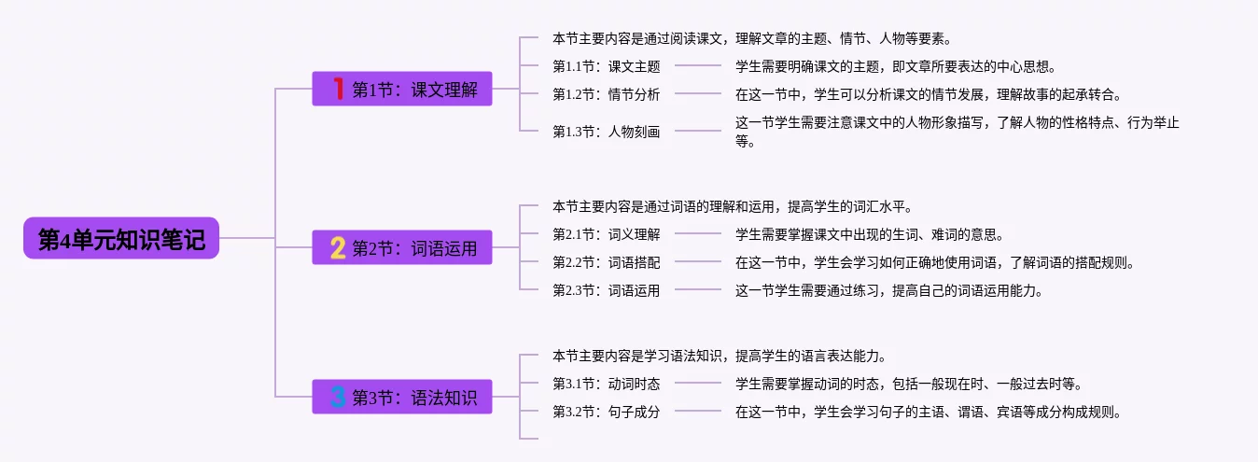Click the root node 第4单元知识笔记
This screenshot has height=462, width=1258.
(x=121, y=238)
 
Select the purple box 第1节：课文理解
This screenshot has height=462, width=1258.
(x=402, y=89)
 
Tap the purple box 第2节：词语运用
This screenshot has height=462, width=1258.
(x=402, y=247)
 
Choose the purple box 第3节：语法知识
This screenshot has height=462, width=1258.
(x=402, y=397)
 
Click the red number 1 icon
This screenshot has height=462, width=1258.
(x=338, y=89)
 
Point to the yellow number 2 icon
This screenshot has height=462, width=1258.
(x=338, y=247)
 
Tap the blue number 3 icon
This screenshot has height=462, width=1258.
(x=338, y=397)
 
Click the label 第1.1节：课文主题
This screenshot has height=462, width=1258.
(x=606, y=66)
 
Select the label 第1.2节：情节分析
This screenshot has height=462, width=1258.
(x=606, y=94)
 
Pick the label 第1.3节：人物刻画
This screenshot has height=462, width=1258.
(x=606, y=132)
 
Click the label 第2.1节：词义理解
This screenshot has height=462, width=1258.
(x=606, y=234)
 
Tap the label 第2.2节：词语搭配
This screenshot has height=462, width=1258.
(x=606, y=262)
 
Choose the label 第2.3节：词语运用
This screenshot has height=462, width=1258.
(x=606, y=290)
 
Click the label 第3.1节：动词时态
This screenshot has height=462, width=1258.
(x=606, y=384)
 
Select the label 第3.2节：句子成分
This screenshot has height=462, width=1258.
(x=606, y=412)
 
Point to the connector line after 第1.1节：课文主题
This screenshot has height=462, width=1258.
(x=697, y=65)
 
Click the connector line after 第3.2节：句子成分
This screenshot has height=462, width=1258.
(x=697, y=411)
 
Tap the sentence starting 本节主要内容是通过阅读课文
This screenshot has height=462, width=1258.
(x=752, y=38)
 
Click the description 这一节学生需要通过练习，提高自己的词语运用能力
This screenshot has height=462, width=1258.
(x=889, y=290)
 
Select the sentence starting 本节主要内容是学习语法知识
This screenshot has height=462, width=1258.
(x=720, y=356)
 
